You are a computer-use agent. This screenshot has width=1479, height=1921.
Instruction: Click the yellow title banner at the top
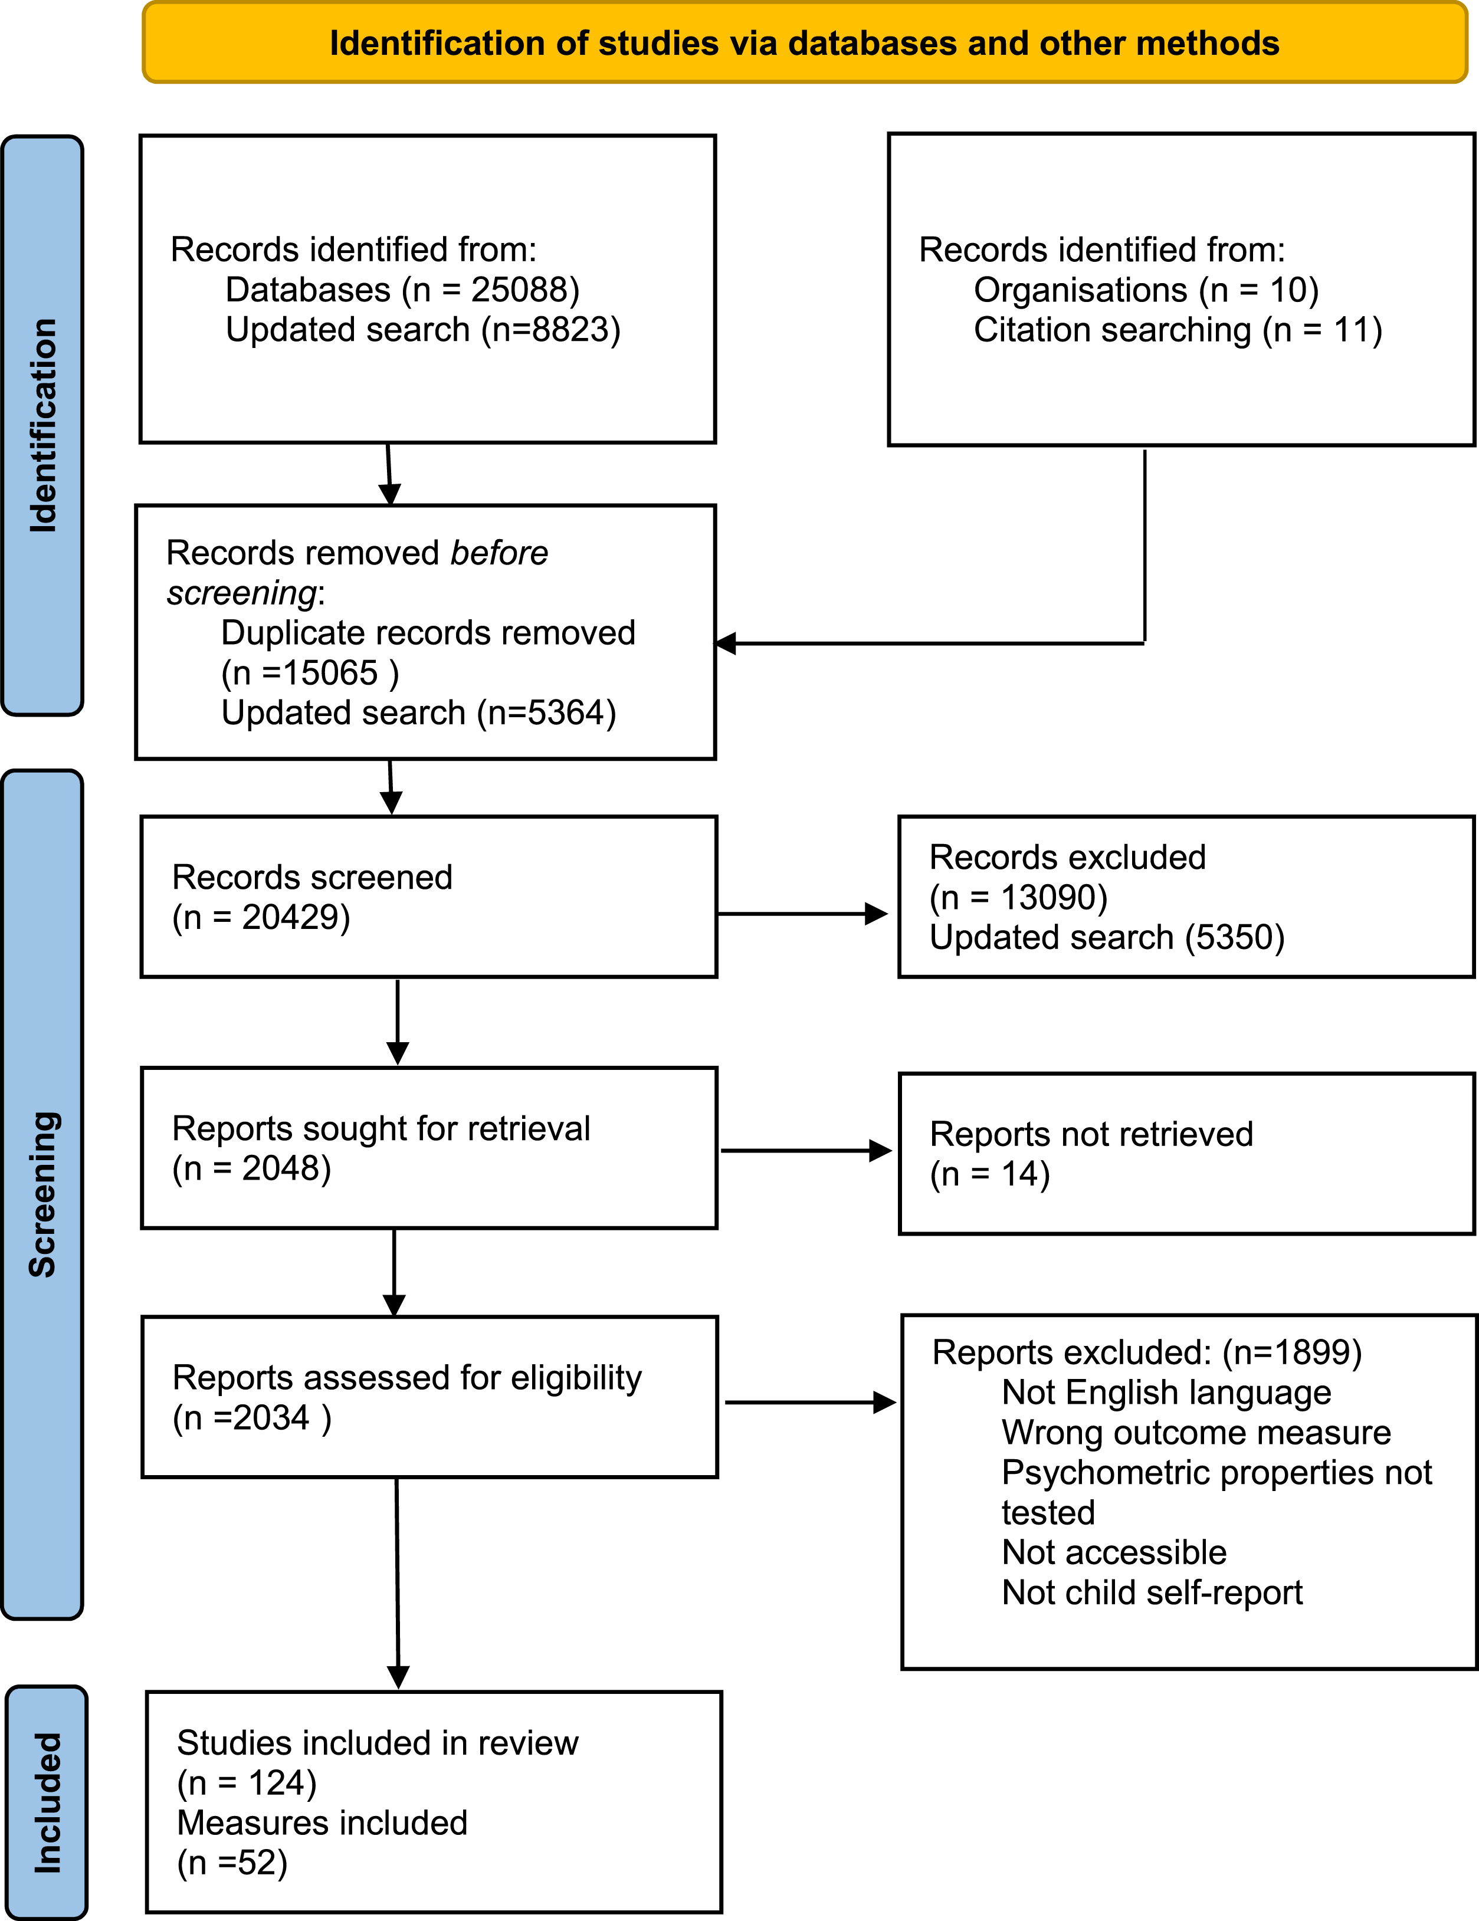tap(804, 42)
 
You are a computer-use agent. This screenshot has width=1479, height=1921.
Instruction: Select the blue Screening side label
tap(42, 1194)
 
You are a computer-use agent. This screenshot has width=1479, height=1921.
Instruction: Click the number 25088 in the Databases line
tap(524, 290)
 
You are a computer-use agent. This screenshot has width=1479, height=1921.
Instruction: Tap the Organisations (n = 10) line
tap(1146, 290)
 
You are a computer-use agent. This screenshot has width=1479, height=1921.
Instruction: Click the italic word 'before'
tap(499, 553)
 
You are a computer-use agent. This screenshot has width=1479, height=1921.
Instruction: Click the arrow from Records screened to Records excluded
tap(802, 914)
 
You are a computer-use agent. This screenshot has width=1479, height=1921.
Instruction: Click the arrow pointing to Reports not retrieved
tap(806, 1151)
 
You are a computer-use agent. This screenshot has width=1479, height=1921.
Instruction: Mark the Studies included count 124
tap(276, 1783)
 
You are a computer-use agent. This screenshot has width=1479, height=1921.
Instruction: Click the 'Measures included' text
tap(322, 1823)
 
